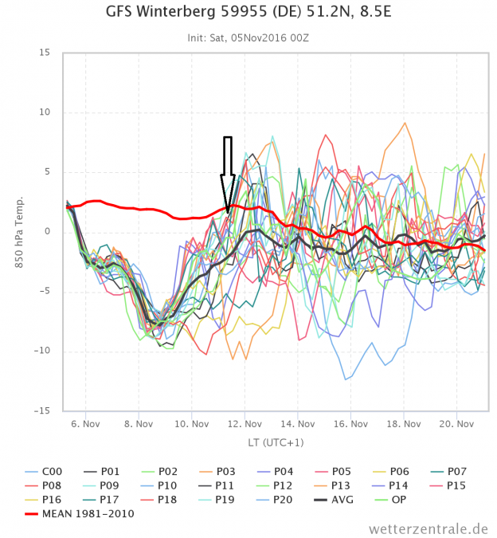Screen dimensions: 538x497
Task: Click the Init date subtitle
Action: [248, 37]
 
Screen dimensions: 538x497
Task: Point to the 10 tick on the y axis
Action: [45, 112]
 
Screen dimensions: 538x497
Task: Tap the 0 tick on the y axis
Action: [47, 232]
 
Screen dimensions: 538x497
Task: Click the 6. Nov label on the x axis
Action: [85, 423]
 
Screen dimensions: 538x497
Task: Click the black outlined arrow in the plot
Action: [228, 171]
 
